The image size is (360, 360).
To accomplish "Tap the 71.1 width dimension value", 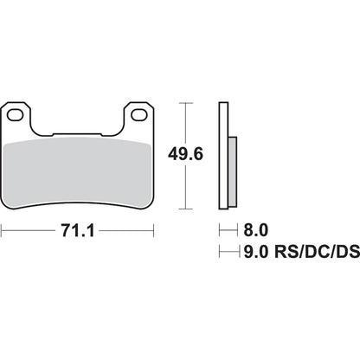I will click(x=79, y=233).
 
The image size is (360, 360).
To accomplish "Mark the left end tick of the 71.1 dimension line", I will click(x=3, y=232).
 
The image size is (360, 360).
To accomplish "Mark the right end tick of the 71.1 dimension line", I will click(x=155, y=232).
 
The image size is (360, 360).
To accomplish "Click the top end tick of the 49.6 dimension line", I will click(x=182, y=103).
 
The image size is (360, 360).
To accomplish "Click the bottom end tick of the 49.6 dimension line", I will click(x=182, y=209).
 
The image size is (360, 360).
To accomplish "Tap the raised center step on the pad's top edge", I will click(x=79, y=134).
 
